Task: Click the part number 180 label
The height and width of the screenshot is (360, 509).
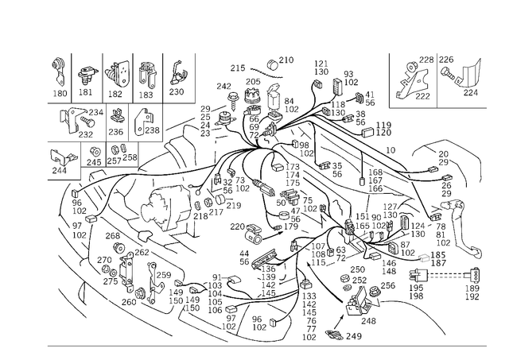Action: tap(60, 94)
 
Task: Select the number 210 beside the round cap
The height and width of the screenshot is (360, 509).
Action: tap(286, 60)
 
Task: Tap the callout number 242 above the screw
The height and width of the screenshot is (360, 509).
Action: tap(224, 87)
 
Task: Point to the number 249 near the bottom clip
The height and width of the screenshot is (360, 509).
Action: tap(353, 336)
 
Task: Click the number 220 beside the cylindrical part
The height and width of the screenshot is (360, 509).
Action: tap(237, 226)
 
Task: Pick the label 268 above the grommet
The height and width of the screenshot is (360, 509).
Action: tap(113, 236)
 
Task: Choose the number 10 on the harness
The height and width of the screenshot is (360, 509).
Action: tap(390, 150)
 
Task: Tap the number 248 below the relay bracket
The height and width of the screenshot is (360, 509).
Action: tap(368, 321)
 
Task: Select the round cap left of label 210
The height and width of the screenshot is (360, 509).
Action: tap(273, 64)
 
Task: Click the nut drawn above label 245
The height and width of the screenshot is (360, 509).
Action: tap(95, 152)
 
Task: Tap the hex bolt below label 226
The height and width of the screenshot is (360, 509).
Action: tap(449, 74)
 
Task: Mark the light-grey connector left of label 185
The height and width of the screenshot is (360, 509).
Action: tap(424, 258)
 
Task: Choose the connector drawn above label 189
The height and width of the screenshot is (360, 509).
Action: tap(474, 276)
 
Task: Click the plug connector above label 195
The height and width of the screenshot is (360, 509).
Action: tap(419, 277)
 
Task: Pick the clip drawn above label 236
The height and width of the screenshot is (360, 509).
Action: tap(117, 115)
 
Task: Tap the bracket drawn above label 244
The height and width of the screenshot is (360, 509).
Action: tap(63, 159)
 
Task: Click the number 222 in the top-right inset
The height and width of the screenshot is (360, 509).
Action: tap(422, 96)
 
